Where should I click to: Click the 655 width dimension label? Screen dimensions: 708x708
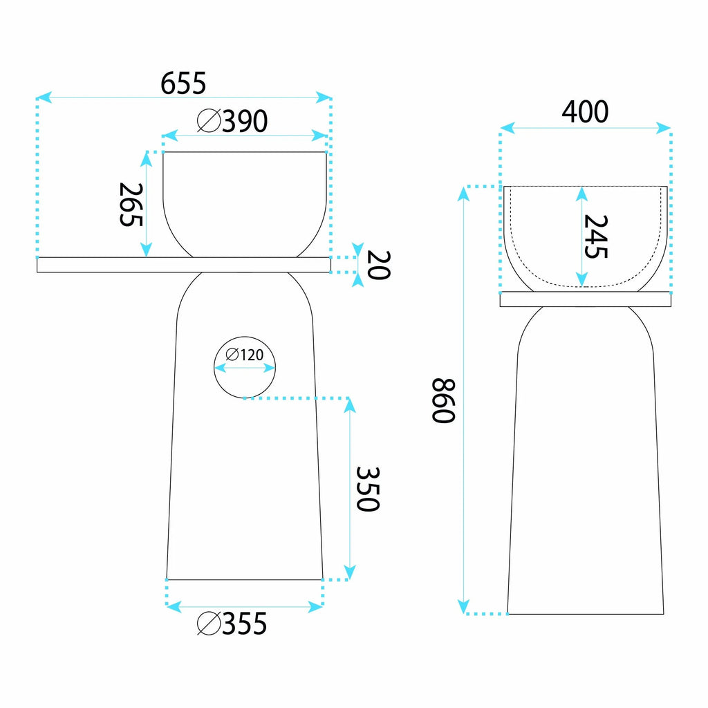(183, 83)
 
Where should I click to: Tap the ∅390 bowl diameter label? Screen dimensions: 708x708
(232, 121)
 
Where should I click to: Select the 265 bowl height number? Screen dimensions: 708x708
(131, 204)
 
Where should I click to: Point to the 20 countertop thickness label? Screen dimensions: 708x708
(378, 265)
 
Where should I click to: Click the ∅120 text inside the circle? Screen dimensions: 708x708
(244, 355)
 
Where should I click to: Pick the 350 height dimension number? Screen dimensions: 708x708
(368, 489)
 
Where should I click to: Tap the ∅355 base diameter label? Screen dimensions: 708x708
(232, 624)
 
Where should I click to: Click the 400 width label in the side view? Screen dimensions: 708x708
(585, 111)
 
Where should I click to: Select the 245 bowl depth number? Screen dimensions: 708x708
(596, 236)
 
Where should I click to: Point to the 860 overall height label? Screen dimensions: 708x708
(443, 400)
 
